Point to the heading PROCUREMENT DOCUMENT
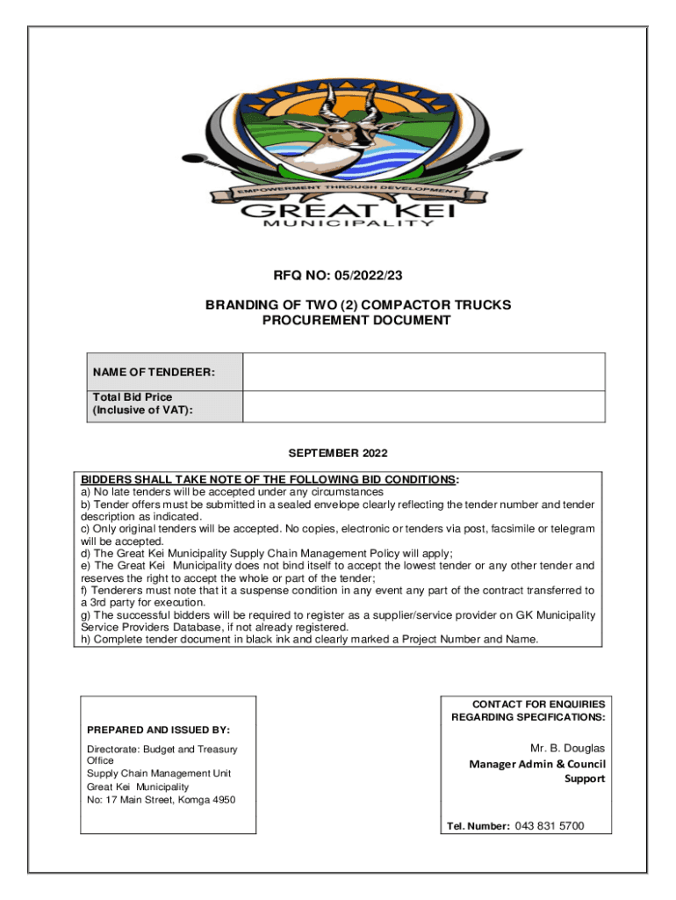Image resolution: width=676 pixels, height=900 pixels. [x=356, y=321]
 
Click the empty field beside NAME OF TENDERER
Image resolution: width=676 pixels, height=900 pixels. [x=423, y=372]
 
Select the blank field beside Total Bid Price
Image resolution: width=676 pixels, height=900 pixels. [x=423, y=406]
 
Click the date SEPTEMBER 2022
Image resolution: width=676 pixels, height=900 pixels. [x=338, y=454]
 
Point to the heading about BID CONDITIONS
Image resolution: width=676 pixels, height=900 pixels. [x=269, y=480]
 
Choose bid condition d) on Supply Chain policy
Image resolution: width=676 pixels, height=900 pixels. [x=267, y=554]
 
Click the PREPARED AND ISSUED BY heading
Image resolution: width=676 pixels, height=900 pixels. [x=158, y=729]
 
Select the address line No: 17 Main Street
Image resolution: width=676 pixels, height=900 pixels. [x=161, y=800]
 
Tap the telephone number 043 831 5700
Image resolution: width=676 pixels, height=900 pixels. [x=550, y=826]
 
